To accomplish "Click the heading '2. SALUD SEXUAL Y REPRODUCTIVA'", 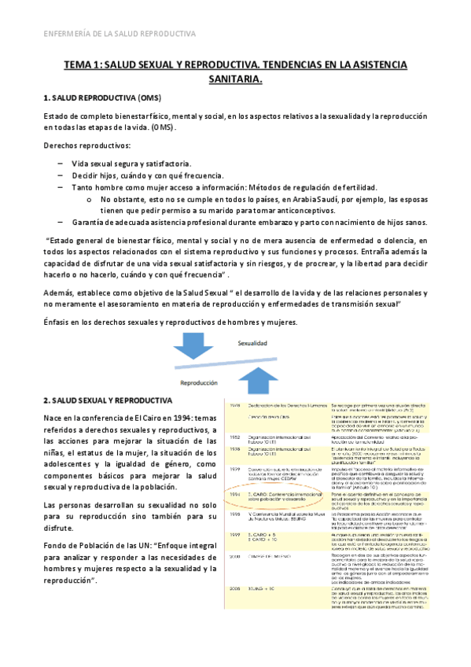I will (x=108, y=400).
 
